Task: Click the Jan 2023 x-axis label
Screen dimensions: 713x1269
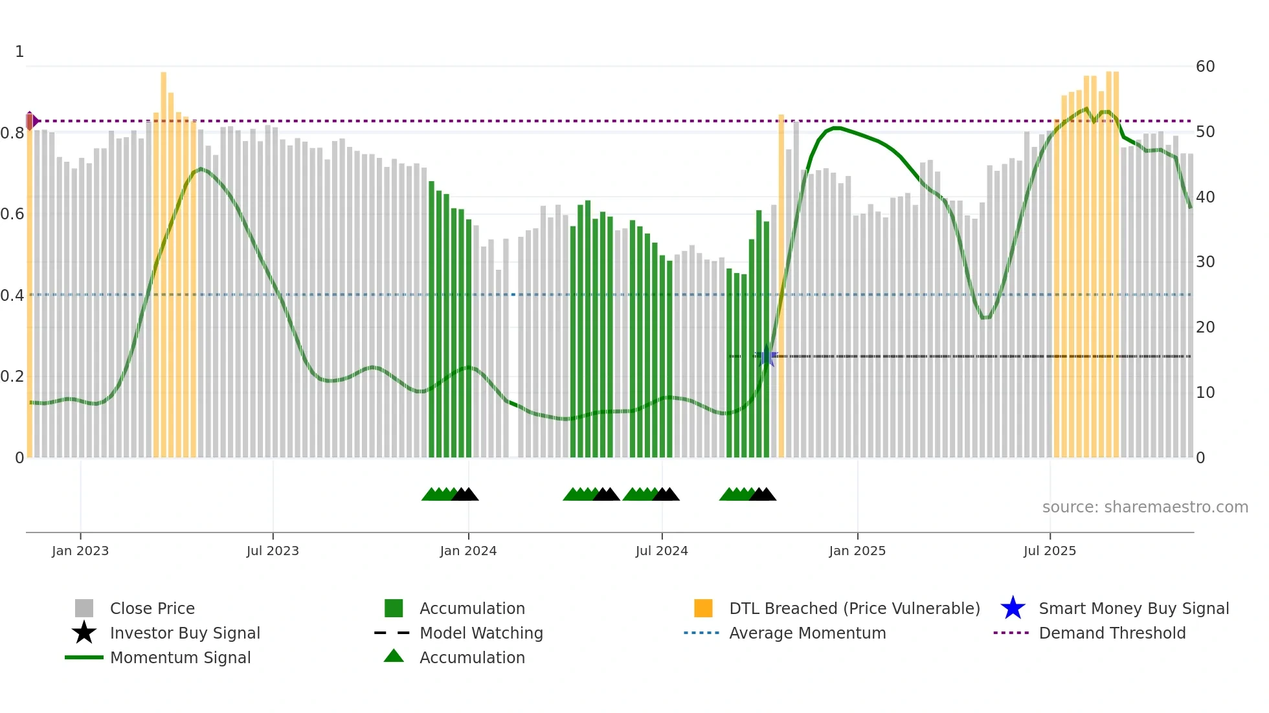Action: pos(80,551)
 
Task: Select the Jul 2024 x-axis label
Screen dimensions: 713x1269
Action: pos(662,551)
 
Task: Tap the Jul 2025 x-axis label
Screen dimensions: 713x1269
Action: pos(1050,551)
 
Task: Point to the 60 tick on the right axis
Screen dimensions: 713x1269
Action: pos(1205,67)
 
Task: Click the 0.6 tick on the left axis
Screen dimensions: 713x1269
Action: pos(12,214)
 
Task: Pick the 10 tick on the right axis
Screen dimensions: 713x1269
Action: pos(1205,393)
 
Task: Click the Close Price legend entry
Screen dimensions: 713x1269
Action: pos(152,608)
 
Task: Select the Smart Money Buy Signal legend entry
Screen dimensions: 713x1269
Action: pos(1133,608)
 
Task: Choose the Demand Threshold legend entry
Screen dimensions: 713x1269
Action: pos(1112,633)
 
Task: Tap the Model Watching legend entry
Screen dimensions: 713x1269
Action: pos(481,633)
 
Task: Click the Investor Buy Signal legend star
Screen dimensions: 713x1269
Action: pos(84,633)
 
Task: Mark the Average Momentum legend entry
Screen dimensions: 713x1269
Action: pos(807,633)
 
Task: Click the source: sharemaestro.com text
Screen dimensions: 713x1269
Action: pos(1145,507)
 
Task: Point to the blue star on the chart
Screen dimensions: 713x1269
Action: pos(767,356)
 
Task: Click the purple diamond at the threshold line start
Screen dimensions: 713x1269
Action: pos(30,121)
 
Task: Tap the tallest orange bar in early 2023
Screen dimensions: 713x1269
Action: pos(164,259)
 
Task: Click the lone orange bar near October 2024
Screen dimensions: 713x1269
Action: pos(781,285)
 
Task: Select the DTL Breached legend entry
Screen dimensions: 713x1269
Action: pos(854,608)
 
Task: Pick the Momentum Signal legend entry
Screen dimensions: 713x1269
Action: pos(180,657)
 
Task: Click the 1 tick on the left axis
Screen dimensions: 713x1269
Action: pos(19,52)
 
